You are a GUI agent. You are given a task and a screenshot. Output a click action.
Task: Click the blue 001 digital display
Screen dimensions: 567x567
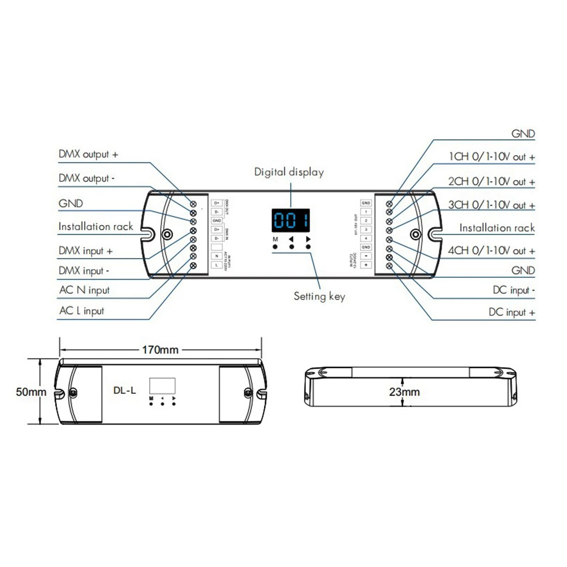click(x=291, y=220)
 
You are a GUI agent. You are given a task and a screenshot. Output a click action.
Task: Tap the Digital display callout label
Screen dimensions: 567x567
click(x=289, y=172)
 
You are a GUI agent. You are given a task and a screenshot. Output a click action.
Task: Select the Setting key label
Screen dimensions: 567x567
click(x=319, y=296)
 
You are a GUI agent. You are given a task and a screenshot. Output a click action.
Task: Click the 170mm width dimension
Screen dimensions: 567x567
click(x=160, y=350)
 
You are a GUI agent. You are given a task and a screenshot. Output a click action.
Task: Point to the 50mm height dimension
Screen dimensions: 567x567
click(x=31, y=392)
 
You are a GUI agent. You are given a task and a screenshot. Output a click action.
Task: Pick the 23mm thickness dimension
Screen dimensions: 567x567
click(x=404, y=392)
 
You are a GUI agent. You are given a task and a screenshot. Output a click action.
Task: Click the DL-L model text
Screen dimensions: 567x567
click(x=124, y=391)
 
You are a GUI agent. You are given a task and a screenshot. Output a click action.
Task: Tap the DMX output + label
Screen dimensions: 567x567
click(x=88, y=154)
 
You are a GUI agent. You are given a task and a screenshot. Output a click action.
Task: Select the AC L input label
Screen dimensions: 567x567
click(x=82, y=311)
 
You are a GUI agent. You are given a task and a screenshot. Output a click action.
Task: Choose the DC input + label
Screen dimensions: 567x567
click(x=512, y=313)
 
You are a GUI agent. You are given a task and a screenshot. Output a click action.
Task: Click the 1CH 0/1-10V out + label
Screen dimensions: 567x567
click(x=492, y=157)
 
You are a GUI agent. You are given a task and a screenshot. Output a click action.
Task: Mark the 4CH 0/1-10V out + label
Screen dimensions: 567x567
click(x=491, y=251)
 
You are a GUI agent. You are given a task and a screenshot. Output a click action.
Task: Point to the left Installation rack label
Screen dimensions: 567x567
click(x=96, y=227)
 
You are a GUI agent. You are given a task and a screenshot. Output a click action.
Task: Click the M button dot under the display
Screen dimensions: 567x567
click(x=275, y=247)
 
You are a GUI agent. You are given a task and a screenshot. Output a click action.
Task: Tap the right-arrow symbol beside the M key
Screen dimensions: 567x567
click(x=308, y=239)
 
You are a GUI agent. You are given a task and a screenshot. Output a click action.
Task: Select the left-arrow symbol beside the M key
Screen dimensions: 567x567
click(x=291, y=239)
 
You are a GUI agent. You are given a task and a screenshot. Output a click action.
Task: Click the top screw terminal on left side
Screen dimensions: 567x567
click(x=193, y=204)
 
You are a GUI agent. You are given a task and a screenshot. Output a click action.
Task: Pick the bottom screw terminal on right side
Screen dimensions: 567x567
click(x=389, y=266)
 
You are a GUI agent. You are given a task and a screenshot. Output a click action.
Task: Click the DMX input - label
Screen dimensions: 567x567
click(x=84, y=271)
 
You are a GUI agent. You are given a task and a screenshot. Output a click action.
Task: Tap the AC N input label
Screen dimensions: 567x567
click(x=84, y=290)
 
